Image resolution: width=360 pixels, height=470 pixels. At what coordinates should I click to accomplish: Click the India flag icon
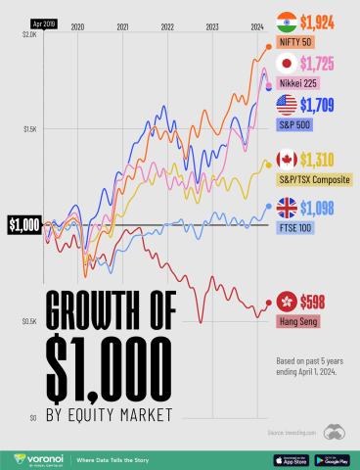click(x=288, y=20)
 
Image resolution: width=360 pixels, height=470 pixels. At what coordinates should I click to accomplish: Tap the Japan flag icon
click(x=288, y=64)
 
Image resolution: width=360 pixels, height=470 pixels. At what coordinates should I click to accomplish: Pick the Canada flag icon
click(x=288, y=159)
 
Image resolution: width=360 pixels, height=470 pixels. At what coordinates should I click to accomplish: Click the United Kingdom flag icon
click(x=288, y=208)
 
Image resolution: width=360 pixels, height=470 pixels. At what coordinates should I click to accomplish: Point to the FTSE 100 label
click(x=299, y=227)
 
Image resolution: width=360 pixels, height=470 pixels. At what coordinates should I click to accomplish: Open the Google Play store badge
click(x=330, y=457)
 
